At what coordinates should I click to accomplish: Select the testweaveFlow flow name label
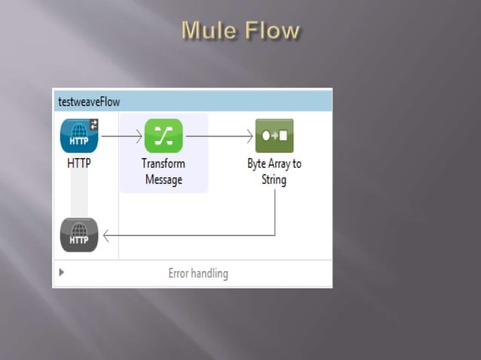pos(88,102)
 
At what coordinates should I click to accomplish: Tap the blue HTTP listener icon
pos(79,136)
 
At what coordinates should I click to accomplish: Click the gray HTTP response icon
pos(79,235)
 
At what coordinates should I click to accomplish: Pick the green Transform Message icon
pos(164,136)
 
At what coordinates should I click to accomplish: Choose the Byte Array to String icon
pos(274,136)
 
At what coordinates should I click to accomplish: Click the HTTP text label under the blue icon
pos(79,163)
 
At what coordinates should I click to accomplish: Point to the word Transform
pos(164,163)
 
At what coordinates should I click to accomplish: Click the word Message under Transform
pos(164,180)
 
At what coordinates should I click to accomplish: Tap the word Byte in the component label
pos(258,163)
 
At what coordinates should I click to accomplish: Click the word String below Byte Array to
pos(274,180)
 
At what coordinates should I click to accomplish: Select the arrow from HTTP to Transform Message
pos(121,136)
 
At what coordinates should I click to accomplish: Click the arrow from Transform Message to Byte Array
pos(219,136)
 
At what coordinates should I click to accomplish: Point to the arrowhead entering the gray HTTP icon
pos(106,236)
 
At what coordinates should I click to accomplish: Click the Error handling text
pos(198,273)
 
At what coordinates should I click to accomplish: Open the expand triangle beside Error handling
pos(62,273)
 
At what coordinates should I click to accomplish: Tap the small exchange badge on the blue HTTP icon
pos(93,124)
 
